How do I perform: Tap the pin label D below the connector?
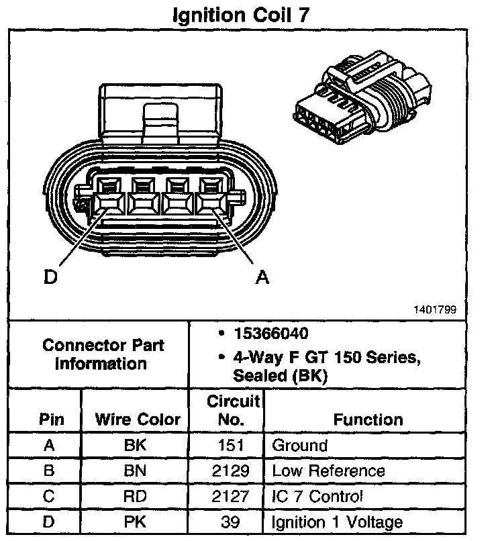pyautogui.click(x=50, y=277)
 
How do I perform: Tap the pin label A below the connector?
pyautogui.click(x=262, y=277)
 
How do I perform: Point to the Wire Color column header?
pyautogui.click(x=138, y=420)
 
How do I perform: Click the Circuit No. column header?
pyautogui.click(x=233, y=411)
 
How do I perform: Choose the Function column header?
pyautogui.click(x=368, y=420)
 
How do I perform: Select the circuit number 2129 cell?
pyautogui.click(x=233, y=471)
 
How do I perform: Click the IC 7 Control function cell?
pyautogui.click(x=317, y=497)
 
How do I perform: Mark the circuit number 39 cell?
pyautogui.click(x=233, y=522)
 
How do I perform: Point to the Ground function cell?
pyautogui.click(x=299, y=445)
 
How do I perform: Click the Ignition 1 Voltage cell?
pyautogui.click(x=337, y=522)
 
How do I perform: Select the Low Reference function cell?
pyautogui.click(x=328, y=471)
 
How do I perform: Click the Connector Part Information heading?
pyautogui.click(x=103, y=354)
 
